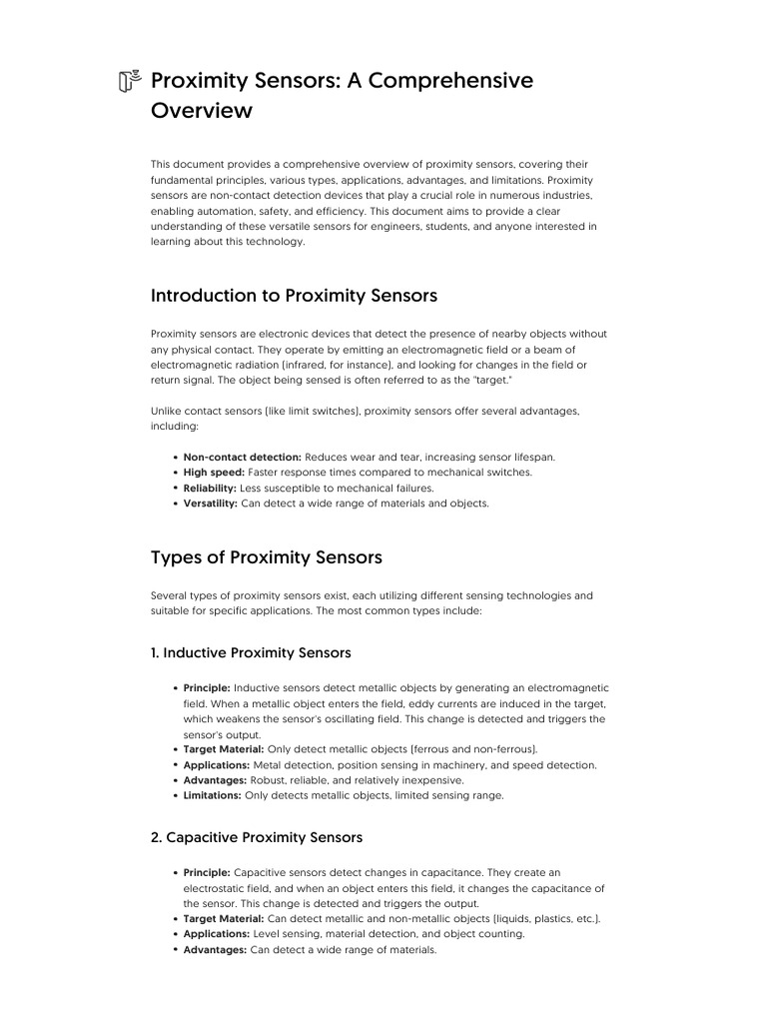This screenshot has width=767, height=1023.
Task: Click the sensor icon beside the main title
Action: coord(129,81)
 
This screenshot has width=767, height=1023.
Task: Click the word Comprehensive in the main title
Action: coord(450,81)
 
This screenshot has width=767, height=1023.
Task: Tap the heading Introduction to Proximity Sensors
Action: coord(294,296)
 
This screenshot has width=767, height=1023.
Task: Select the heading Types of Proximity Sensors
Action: coord(266,556)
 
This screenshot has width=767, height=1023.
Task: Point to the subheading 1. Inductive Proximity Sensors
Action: coord(251,653)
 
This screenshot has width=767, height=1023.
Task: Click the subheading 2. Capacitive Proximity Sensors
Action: coord(257,837)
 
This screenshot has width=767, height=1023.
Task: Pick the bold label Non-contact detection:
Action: coord(243,457)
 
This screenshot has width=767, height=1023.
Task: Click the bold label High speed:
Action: coord(214,473)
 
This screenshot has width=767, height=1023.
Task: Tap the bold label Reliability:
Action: coord(210,489)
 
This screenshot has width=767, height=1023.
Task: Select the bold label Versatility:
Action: coord(211,504)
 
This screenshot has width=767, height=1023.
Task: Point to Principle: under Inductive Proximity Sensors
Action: coord(207,688)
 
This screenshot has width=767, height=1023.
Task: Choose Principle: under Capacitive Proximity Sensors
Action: coord(207,872)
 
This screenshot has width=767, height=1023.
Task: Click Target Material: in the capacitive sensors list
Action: coord(224,918)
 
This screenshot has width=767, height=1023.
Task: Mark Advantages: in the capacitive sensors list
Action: coord(215,950)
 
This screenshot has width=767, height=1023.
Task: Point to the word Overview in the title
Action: coord(202,112)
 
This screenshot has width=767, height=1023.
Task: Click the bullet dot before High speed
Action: coord(175,473)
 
